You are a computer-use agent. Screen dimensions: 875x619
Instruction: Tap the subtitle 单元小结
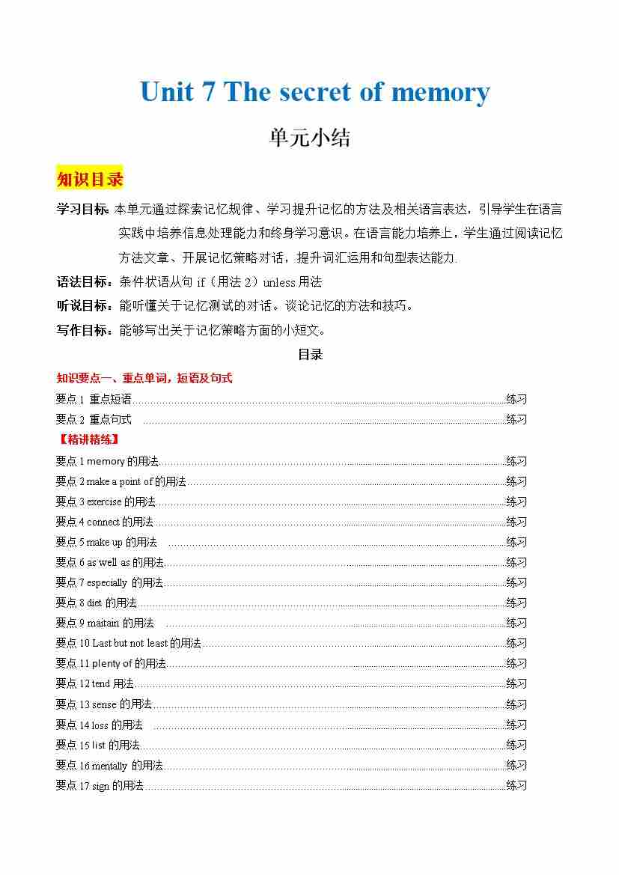click(310, 138)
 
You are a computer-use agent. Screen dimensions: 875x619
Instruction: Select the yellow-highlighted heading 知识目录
click(90, 180)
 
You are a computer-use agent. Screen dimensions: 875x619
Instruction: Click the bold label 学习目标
click(82, 210)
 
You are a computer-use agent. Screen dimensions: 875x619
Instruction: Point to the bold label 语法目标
click(82, 282)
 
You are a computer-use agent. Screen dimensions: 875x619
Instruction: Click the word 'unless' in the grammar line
click(279, 282)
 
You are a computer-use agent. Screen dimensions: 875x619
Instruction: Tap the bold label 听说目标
click(82, 306)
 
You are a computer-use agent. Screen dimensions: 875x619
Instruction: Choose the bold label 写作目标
click(82, 330)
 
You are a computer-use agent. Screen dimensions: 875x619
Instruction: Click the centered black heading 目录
click(310, 355)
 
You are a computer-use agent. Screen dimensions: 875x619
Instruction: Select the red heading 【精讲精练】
click(88, 439)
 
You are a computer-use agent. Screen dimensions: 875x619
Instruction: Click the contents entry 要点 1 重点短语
click(94, 399)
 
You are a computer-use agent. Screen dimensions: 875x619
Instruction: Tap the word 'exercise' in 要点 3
click(104, 501)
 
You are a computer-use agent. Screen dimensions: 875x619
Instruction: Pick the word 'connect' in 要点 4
click(103, 522)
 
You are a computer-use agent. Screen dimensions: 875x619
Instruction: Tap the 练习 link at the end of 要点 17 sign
click(516, 785)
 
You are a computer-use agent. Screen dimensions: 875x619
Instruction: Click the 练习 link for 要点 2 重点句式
click(516, 419)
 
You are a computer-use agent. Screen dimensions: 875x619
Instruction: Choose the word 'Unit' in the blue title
click(167, 93)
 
